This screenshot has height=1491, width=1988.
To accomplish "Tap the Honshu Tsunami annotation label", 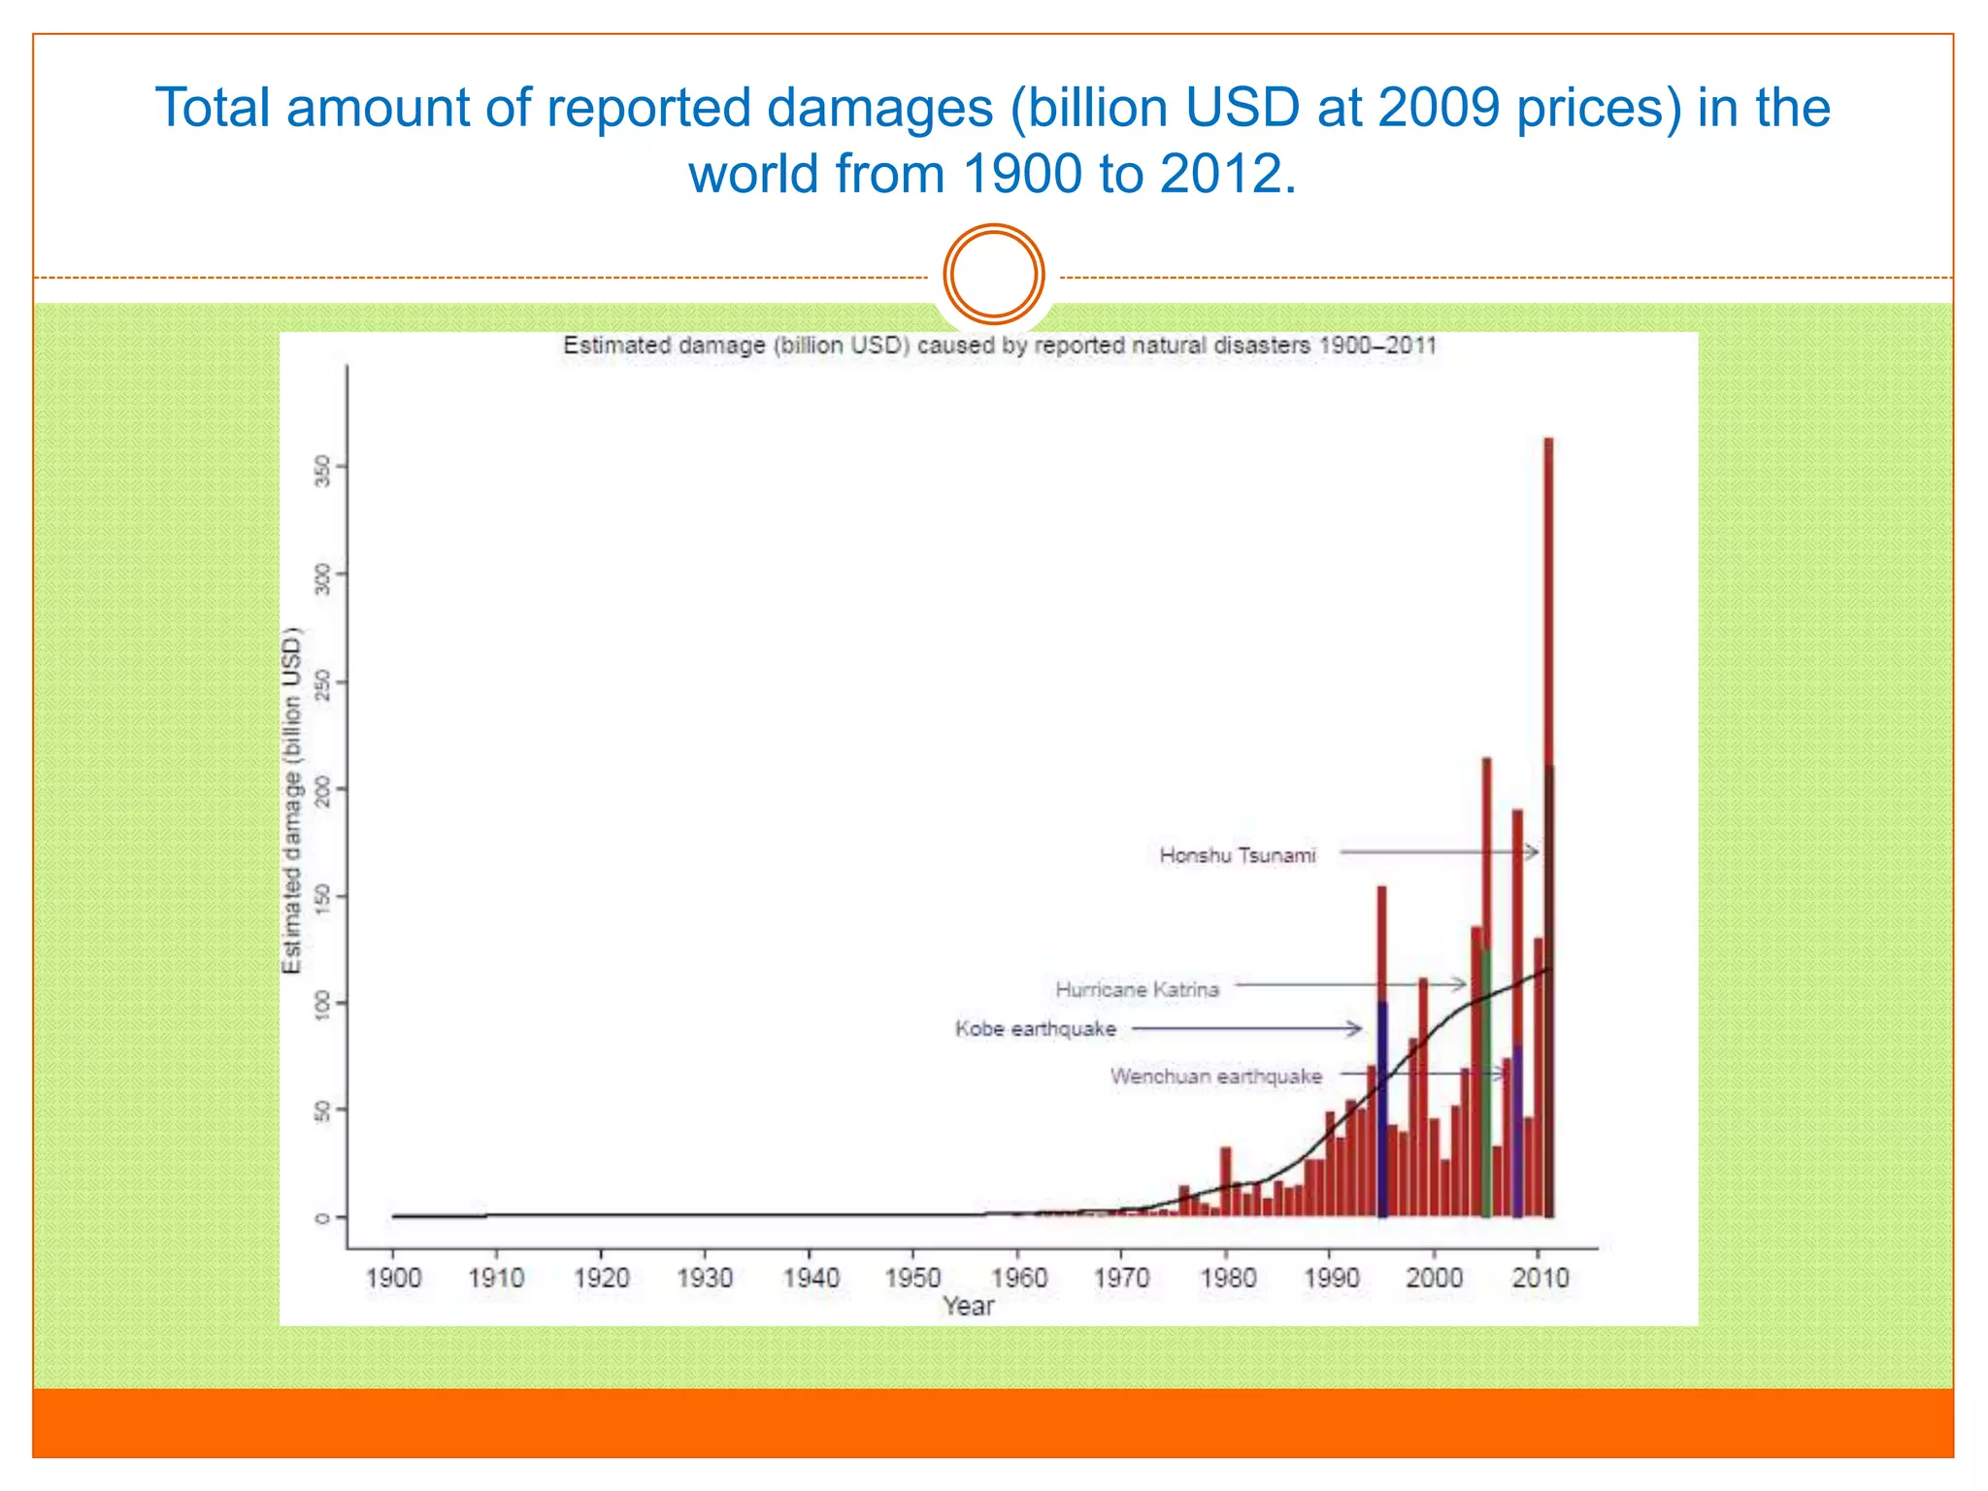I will click(1238, 855).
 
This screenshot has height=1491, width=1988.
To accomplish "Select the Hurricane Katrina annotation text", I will click(1137, 989).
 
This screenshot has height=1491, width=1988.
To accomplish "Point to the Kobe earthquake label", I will click(1036, 1029).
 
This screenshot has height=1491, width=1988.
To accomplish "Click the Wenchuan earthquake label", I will click(1215, 1077).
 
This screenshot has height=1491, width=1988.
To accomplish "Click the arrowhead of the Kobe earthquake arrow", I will click(1356, 1028).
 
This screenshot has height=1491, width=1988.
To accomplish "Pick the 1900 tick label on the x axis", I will click(393, 1277).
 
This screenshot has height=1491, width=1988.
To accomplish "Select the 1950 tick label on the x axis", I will click(913, 1277).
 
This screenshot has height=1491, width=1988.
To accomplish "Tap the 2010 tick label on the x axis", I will click(1540, 1277).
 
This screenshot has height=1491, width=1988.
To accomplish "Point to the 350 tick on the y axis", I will click(323, 473).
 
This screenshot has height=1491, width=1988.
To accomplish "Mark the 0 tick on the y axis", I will click(323, 1218).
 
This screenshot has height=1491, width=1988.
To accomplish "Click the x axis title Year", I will click(968, 1307).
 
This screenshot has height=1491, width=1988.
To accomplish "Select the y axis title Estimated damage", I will click(291, 801).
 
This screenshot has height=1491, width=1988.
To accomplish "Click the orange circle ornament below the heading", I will click(994, 275).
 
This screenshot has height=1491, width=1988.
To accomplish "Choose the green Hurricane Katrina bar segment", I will click(1485, 1087).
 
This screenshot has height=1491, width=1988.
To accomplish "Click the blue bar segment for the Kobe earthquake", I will click(1382, 1107).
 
